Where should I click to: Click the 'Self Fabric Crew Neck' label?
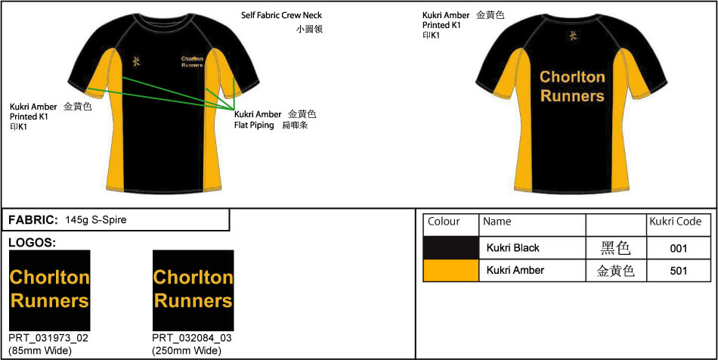(x=281, y=15)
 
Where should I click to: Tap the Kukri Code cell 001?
(x=679, y=248)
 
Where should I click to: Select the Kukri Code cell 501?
(x=679, y=271)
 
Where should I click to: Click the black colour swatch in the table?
(x=450, y=248)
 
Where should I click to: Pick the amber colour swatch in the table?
(x=450, y=271)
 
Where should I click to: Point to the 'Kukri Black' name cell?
(x=512, y=248)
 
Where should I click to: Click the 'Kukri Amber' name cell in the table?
(x=515, y=271)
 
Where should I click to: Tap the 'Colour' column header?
(x=444, y=222)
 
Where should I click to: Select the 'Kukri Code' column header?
(x=675, y=222)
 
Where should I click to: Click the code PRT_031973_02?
(x=49, y=338)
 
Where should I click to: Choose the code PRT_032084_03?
(x=192, y=338)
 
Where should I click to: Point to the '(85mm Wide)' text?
(x=40, y=350)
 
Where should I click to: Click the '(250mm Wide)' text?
(x=187, y=350)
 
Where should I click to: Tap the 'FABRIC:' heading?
(x=33, y=220)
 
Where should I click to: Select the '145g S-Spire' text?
(x=96, y=220)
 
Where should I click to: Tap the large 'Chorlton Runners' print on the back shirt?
(x=572, y=87)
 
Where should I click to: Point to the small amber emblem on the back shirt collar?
(x=572, y=36)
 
